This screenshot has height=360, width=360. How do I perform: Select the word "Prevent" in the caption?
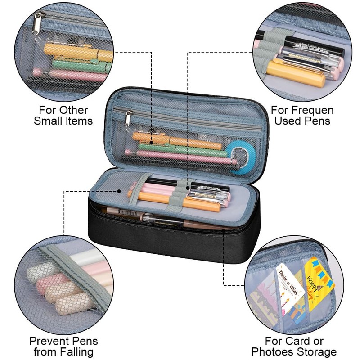point(46,341)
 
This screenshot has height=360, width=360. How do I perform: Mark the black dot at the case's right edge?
point(224,229)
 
